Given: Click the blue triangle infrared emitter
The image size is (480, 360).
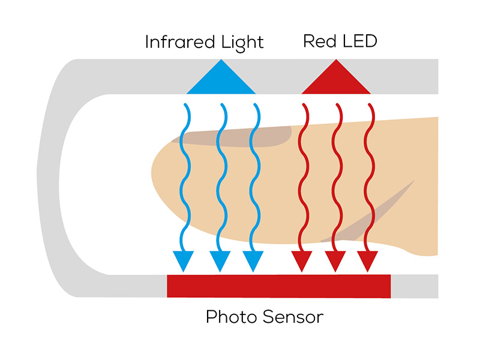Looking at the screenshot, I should [x=221, y=80].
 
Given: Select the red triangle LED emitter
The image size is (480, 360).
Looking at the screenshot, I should [x=336, y=80].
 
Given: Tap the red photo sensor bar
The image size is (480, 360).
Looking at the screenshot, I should [x=278, y=286].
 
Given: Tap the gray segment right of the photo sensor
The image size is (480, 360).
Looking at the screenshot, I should [x=414, y=286].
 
